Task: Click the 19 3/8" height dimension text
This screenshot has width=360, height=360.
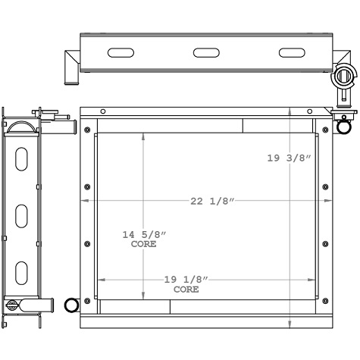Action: pos(290,158)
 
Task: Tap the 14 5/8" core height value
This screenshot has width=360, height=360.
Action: pos(144,234)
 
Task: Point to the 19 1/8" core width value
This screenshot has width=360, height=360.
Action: pos(186,280)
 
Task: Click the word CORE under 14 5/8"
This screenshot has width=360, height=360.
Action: pos(144,244)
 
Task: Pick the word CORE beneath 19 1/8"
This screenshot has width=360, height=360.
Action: pos(186,290)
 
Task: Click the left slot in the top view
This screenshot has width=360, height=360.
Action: pos(121,52)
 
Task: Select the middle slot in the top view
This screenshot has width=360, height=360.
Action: pos(205,52)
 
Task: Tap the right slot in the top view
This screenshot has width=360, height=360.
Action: pos(291,52)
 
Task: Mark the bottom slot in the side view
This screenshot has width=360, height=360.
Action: pos(22,271)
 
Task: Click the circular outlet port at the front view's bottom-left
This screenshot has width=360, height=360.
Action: pos(72,305)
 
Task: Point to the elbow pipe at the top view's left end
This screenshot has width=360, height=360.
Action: pos(70,66)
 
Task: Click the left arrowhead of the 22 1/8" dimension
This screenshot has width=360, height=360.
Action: pos(84,200)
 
